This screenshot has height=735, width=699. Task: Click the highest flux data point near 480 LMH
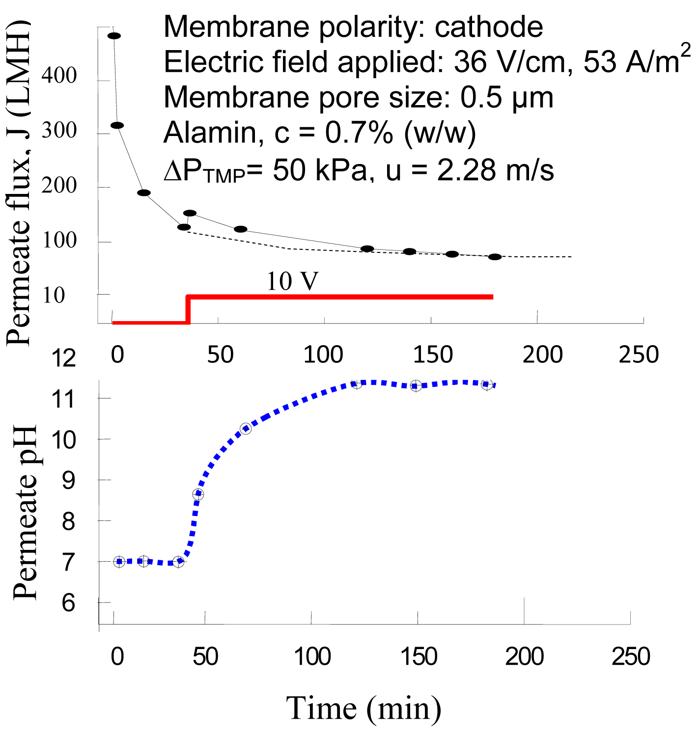tap(114, 36)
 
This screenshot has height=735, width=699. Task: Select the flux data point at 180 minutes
tap(495, 257)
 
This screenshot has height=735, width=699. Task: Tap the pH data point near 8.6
tap(198, 494)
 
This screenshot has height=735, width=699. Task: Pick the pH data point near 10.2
tap(246, 429)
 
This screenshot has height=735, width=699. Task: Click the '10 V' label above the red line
tap(292, 281)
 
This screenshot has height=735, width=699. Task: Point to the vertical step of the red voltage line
tap(188, 309)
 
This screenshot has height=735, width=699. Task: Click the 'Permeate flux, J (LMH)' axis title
tap(19, 183)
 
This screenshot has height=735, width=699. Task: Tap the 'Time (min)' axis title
tap(363, 708)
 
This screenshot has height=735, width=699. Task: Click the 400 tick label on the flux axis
tap(59, 76)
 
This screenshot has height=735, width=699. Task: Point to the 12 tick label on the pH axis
tap(64, 358)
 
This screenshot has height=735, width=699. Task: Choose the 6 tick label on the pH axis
tap(68, 603)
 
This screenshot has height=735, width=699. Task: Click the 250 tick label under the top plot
tap(639, 354)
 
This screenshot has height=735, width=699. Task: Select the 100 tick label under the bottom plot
tap(312, 656)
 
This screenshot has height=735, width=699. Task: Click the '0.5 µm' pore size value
tap(507, 97)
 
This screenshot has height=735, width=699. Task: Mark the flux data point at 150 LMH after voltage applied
tap(190, 213)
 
